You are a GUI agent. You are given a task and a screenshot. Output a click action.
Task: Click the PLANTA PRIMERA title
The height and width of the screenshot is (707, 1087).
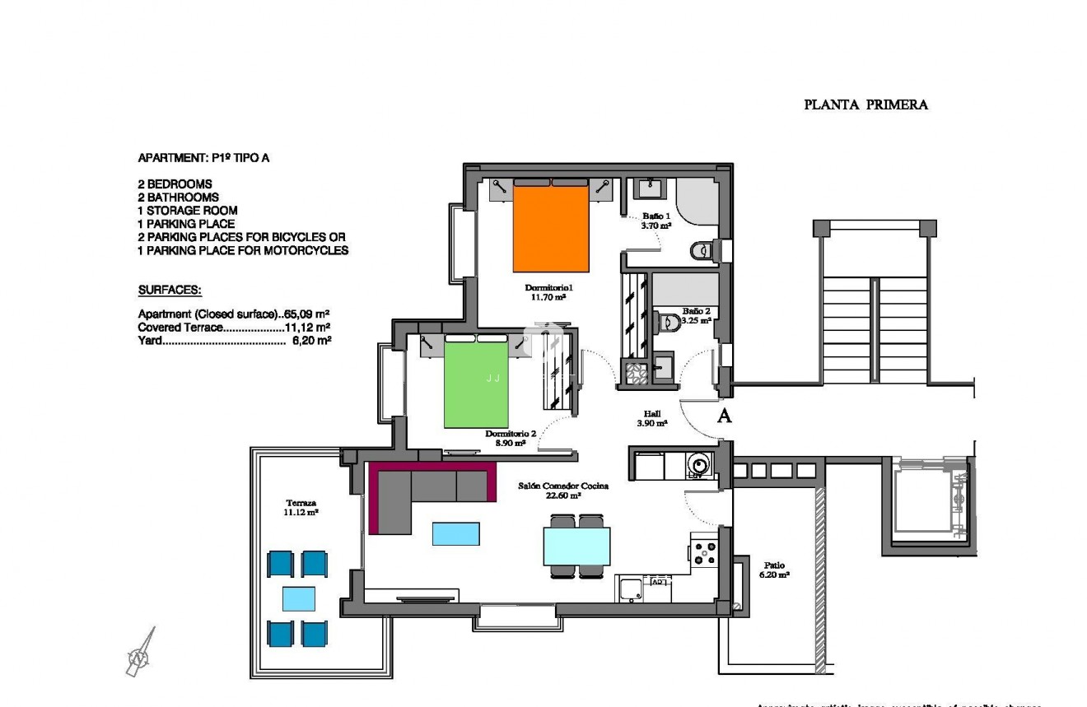pyautogui.click(x=865, y=105)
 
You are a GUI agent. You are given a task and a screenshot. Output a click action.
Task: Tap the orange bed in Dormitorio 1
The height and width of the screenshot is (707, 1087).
pyautogui.click(x=551, y=229)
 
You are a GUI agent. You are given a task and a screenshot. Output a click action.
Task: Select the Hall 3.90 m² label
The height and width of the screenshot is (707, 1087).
pyautogui.click(x=651, y=419)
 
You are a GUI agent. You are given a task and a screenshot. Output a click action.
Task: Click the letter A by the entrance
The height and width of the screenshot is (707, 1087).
pyautogui.click(x=725, y=416)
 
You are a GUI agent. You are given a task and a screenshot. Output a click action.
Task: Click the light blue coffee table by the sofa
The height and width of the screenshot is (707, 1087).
pyautogui.click(x=456, y=533)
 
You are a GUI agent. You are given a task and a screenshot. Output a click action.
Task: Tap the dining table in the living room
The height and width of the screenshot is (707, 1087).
pyautogui.click(x=576, y=546)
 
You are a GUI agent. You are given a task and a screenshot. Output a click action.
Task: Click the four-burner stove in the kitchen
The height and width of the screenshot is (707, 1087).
pyautogui.click(x=706, y=551)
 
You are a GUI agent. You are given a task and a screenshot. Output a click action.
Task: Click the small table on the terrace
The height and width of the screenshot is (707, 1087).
pyautogui.click(x=298, y=598)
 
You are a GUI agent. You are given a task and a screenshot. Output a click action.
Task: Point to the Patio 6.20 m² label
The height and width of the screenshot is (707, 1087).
pyautogui.click(x=773, y=570)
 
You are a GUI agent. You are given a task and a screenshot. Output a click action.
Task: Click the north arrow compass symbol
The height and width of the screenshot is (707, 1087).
pyautogui.click(x=139, y=654)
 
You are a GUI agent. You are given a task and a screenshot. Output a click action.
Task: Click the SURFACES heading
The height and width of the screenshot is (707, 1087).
pyautogui.click(x=170, y=291)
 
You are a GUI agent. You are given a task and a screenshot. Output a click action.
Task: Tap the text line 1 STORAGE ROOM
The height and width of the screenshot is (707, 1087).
pyautogui.click(x=188, y=211)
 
